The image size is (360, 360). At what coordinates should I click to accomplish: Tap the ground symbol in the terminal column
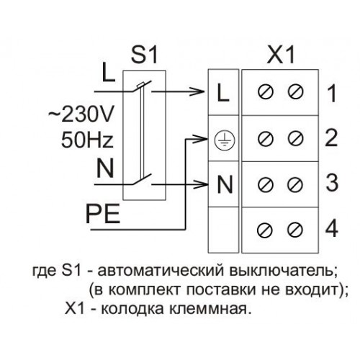(224, 140)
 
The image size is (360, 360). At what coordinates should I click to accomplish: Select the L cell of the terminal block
(223, 92)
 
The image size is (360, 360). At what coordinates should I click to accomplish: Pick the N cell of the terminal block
(223, 184)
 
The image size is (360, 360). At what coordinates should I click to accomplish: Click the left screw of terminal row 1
(266, 91)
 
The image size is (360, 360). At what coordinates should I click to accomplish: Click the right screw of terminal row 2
(296, 138)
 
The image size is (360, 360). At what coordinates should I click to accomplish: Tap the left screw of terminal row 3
(266, 184)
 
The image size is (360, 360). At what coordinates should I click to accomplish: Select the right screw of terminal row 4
(295, 230)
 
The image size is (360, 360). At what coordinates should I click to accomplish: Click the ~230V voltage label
(81, 114)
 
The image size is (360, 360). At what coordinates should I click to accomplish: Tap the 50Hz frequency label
(87, 139)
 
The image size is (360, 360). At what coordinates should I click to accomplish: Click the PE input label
(103, 214)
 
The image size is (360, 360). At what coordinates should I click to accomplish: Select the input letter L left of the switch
(109, 72)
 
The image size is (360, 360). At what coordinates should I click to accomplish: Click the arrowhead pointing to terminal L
(198, 91)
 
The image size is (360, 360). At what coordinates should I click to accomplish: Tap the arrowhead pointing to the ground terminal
(200, 139)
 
